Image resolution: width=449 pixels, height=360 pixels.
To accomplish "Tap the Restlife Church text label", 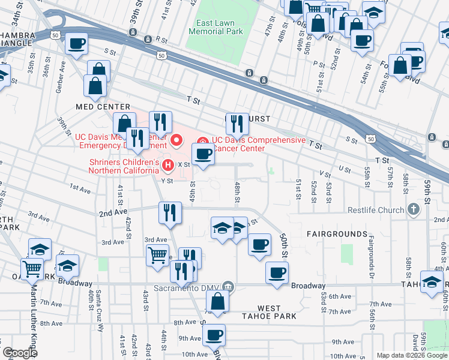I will point(375,210).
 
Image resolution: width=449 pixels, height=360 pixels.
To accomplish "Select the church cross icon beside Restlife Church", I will point(412,209).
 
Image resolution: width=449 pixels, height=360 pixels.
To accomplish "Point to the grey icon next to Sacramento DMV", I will point(228,286).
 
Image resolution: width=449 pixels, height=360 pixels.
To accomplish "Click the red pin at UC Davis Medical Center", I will point(176,141).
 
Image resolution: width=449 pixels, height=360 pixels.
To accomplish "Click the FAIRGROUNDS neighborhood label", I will point(337,233).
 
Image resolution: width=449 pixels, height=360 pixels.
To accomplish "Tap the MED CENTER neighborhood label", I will point(98,106).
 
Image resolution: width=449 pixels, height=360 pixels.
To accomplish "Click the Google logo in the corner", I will point(19,353).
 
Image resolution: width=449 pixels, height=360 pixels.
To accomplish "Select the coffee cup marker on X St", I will point(203,154).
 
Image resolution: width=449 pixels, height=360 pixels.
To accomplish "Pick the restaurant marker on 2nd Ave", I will point(170,212).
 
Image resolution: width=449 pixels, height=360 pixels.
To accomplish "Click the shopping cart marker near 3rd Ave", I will point(158,254).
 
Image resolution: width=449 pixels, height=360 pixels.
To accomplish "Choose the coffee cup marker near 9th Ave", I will point(214,335).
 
